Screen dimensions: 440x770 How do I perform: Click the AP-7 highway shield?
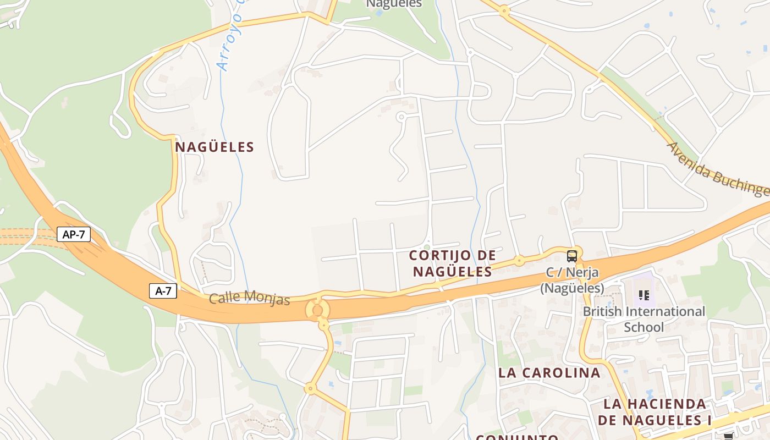pyautogui.click(x=74, y=234)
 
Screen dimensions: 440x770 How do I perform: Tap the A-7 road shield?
pyautogui.click(x=163, y=291)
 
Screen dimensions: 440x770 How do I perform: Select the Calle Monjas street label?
pyautogui.click(x=249, y=298)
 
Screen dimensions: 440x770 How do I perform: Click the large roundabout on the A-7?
pyautogui.click(x=317, y=310)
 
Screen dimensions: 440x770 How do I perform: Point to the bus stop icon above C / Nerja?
pyautogui.click(x=572, y=256)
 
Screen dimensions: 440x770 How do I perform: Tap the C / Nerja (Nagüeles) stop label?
pyautogui.click(x=572, y=280)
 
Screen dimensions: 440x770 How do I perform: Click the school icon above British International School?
pyautogui.click(x=644, y=295)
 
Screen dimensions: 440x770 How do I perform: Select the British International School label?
pyautogui.click(x=643, y=319)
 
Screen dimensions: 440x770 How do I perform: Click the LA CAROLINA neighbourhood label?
pyautogui.click(x=549, y=373)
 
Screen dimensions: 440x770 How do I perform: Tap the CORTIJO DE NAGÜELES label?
pyautogui.click(x=452, y=263)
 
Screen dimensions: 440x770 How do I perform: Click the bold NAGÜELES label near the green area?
pyautogui.click(x=215, y=147)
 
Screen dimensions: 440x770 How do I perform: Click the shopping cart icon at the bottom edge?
pyautogui.click(x=729, y=436)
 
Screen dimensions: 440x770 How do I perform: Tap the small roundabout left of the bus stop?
pyautogui.click(x=519, y=260)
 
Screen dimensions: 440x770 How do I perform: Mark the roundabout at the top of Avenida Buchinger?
pyautogui.click(x=504, y=10)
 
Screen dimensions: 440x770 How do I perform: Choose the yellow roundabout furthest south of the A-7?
pyautogui.click(x=310, y=389)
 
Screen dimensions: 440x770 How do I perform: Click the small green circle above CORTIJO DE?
pyautogui.click(x=427, y=246)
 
